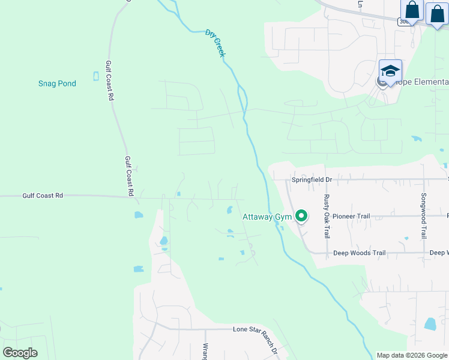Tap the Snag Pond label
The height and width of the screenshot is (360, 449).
(57, 83)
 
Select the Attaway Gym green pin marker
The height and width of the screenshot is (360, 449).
(301, 215)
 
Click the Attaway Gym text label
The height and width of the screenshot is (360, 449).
(267, 217)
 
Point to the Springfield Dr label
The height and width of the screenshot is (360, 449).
(312, 179)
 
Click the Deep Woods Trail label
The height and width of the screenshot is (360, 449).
(359, 253)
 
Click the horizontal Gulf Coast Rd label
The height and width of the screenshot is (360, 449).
(43, 196)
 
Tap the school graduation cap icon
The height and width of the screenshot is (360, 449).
(390, 70)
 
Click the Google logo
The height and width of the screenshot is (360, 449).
(20, 353)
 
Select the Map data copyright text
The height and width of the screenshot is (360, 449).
(412, 355)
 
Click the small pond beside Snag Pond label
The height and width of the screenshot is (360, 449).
(96, 76)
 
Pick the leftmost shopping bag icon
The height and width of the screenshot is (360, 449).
(412, 10)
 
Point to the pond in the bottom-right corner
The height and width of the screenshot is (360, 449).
(430, 325)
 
